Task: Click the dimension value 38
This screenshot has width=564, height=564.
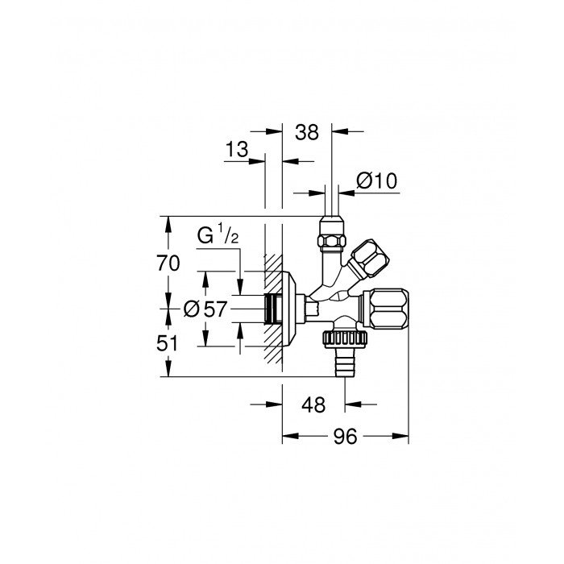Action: click(x=307, y=132)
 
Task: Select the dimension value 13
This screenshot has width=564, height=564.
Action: click(x=237, y=149)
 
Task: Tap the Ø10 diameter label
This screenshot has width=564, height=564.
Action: click(x=376, y=180)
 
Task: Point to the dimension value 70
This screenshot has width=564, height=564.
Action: click(x=168, y=263)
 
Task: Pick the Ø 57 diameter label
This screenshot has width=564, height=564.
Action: click(x=205, y=309)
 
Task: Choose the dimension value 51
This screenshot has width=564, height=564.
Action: click(x=168, y=343)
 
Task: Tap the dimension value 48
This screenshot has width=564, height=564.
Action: click(x=313, y=405)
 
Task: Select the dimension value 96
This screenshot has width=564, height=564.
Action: click(x=346, y=437)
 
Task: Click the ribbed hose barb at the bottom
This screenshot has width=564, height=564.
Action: click(x=346, y=363)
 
